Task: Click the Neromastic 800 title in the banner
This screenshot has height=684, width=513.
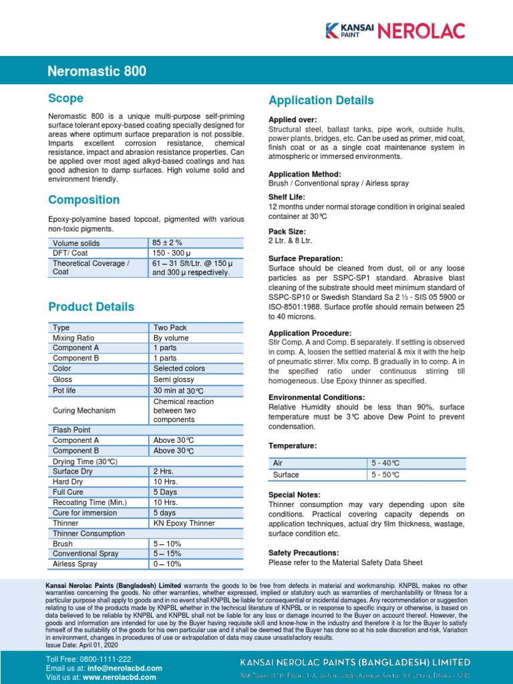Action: tap(97, 71)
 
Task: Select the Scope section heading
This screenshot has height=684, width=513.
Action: tap(66, 98)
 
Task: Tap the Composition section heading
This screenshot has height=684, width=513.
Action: tap(84, 200)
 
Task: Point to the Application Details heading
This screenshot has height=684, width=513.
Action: tap(321, 100)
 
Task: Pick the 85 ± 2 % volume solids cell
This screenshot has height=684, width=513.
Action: tap(168, 243)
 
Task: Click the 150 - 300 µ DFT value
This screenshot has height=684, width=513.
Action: tap(171, 253)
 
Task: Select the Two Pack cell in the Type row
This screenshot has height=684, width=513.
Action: tap(170, 328)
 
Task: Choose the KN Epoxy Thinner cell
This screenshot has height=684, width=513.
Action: tap(184, 523)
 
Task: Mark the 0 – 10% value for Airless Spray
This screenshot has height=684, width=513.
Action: tap(167, 564)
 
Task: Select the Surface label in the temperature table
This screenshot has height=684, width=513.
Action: tap(286, 475)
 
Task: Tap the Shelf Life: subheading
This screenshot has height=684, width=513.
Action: tap(287, 197)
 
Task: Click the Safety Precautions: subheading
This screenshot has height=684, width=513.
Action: tap(303, 553)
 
